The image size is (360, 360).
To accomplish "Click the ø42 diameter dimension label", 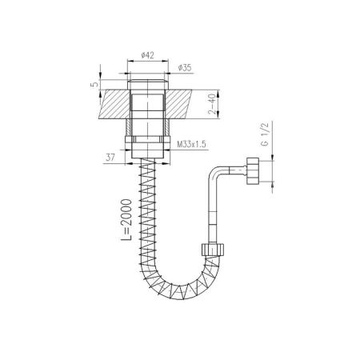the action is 148,55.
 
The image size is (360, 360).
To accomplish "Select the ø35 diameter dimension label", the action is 185,68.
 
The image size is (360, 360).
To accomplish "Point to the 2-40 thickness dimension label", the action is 212,104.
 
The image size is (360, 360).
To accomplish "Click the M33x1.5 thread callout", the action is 192,145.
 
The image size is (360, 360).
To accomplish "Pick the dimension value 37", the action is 110,158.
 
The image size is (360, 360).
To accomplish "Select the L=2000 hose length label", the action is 126,220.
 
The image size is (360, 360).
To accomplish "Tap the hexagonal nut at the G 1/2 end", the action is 252,171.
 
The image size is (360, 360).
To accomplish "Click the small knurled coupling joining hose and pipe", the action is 213,249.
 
